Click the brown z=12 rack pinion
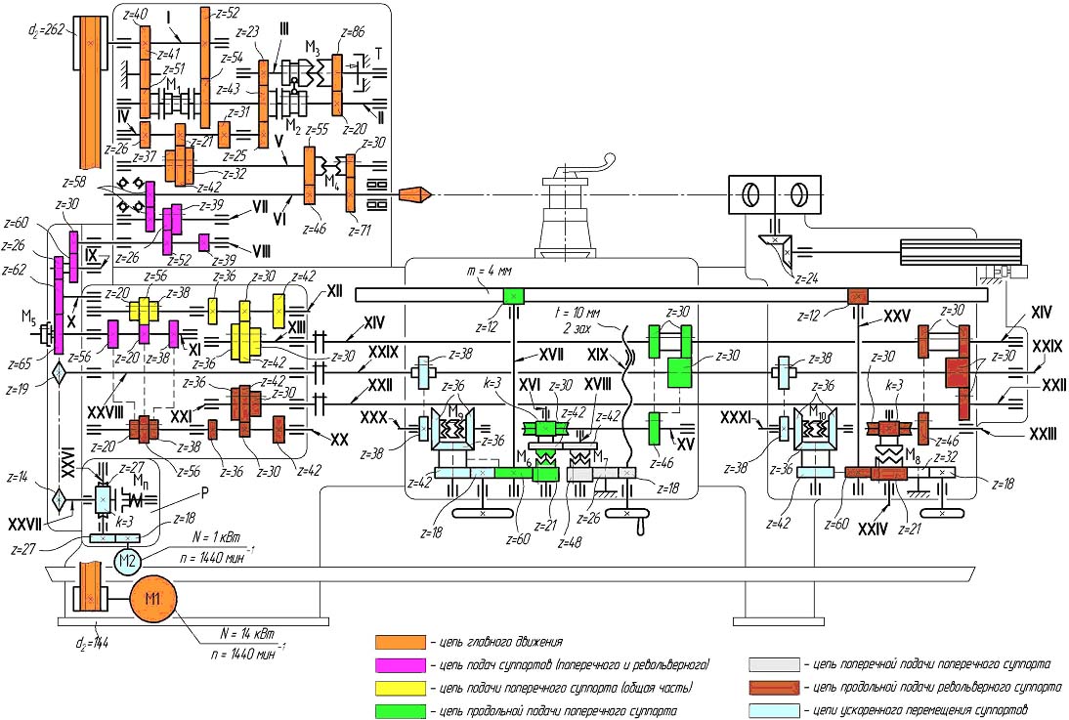pos(857,295)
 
